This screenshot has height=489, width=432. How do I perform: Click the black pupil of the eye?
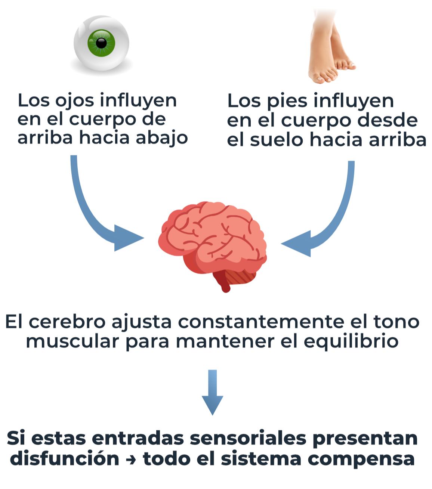101,43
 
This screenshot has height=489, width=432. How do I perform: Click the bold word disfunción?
64,458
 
